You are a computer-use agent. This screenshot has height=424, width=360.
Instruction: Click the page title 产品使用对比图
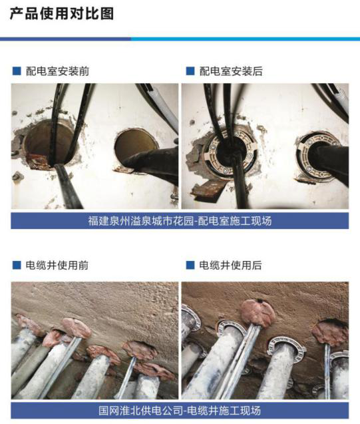(61, 14)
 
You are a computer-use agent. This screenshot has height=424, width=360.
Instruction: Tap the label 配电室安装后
(230, 71)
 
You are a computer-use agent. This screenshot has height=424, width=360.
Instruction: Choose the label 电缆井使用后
(230, 265)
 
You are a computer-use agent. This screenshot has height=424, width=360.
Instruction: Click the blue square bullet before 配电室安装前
(16, 71)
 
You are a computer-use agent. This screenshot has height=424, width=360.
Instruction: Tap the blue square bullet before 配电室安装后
(190, 71)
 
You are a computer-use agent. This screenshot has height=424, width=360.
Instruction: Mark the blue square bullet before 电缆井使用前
(16, 265)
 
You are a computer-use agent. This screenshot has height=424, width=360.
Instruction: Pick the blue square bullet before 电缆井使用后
(190, 265)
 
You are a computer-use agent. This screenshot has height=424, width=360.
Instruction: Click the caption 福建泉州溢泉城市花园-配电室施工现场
(180, 221)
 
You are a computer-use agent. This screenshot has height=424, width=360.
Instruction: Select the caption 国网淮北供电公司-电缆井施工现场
(180, 410)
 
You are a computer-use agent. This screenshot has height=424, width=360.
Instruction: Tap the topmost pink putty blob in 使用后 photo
(257, 310)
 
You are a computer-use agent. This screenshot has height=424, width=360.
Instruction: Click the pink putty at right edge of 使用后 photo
(331, 332)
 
